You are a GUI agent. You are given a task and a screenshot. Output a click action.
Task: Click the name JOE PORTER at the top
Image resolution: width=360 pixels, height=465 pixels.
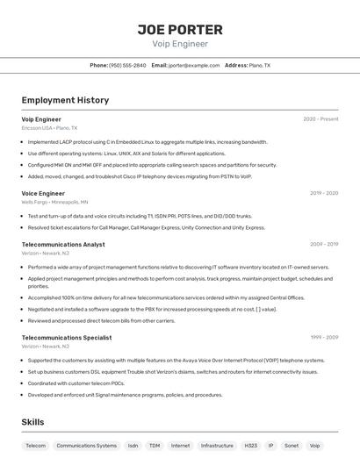180,29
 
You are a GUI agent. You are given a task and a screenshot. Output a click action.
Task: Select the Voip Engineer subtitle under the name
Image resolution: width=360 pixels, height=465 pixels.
180,44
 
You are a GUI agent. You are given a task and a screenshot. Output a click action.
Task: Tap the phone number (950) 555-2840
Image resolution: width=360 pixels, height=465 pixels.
127,66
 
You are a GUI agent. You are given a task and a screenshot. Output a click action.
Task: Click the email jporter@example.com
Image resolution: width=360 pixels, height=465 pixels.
194,66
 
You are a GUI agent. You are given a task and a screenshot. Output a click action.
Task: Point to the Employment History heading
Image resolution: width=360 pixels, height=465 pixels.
65,100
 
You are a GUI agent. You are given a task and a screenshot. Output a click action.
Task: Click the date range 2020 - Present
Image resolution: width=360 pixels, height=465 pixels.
320,119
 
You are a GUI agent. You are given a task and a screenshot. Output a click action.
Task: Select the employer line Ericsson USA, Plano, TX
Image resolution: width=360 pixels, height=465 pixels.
49,128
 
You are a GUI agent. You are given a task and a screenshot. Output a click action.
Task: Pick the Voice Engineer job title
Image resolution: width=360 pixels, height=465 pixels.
43,193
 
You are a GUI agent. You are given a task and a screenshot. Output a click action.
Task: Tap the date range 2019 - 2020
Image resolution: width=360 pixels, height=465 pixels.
324,193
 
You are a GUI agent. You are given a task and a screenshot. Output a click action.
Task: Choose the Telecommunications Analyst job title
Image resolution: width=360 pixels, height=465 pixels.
63,245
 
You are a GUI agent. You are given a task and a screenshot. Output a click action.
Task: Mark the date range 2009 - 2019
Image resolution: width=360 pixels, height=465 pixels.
324,245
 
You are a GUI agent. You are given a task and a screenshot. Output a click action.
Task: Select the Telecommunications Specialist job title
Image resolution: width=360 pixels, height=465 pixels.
67,337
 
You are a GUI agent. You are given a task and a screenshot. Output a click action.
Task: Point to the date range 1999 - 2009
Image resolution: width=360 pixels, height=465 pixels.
324,337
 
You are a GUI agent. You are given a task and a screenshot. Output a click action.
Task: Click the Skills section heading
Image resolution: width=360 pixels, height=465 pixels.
33,422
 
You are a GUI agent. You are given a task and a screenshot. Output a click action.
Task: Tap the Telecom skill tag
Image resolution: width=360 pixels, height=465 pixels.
36,446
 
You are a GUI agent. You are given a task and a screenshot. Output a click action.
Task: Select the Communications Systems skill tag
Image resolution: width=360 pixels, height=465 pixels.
87,446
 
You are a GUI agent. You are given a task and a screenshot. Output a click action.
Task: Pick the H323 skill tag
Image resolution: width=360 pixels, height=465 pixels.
251,446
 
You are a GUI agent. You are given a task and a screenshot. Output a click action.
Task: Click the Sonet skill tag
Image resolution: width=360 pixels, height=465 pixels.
292,446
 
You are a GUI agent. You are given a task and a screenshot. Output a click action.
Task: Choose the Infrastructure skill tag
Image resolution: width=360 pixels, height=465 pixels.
217,446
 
